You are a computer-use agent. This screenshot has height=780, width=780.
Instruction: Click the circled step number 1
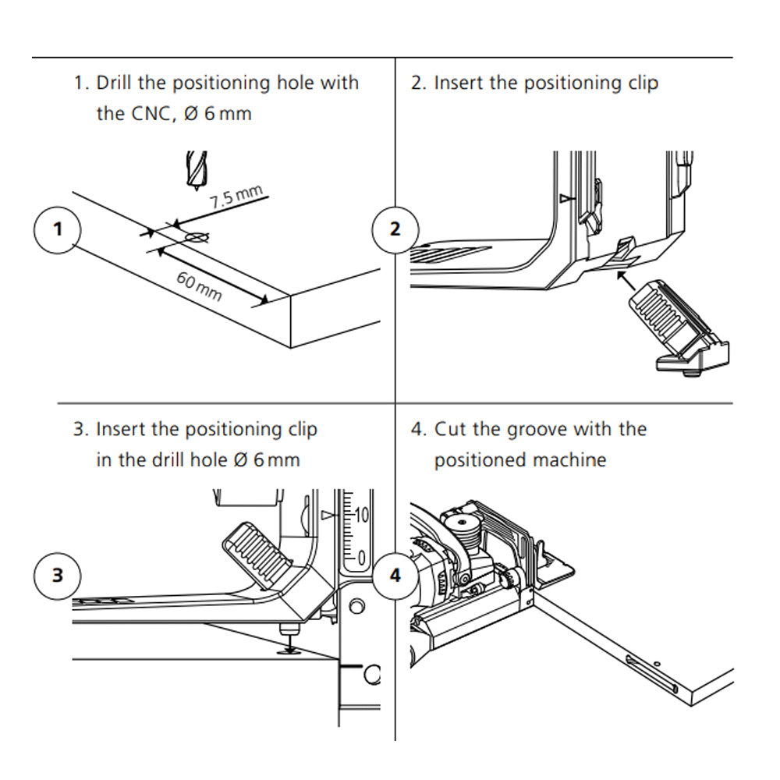pos(57,229)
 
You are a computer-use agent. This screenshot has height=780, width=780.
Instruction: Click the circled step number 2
pos(395,229)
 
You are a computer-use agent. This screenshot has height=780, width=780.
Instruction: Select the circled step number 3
pos(57,576)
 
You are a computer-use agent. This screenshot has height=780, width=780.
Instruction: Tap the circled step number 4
pos(395,576)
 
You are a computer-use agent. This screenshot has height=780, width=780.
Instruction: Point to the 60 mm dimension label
pos(199,286)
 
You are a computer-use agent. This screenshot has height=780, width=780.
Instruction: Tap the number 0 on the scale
pos(362,556)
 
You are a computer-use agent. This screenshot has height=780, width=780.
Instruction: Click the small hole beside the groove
pos(658,663)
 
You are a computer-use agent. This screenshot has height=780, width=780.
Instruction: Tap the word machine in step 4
pos(569,460)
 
